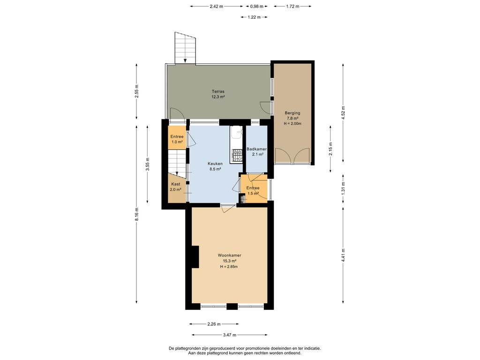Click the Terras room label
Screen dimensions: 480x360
(218, 91)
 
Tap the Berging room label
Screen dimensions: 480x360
(292, 113)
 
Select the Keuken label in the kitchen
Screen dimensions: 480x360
(216, 164)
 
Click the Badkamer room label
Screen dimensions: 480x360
(256, 149)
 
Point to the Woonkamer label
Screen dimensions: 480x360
(229, 255)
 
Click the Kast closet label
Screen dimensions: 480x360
(176, 184)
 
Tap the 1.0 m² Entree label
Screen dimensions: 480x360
(177, 136)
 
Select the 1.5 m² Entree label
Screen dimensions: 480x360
(253, 188)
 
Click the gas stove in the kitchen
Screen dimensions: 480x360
(237, 155)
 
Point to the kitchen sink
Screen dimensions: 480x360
(237, 134)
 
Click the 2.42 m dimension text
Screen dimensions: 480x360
(217, 6)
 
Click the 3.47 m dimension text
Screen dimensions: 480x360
(230, 335)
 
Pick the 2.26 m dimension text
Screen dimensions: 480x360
(214, 324)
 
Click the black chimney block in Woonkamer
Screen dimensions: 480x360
(195, 257)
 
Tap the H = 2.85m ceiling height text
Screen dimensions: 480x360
(229, 267)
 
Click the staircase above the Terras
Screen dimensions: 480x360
(185, 48)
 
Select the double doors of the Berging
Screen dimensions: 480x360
(292, 156)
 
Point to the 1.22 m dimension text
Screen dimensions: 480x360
(254, 17)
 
